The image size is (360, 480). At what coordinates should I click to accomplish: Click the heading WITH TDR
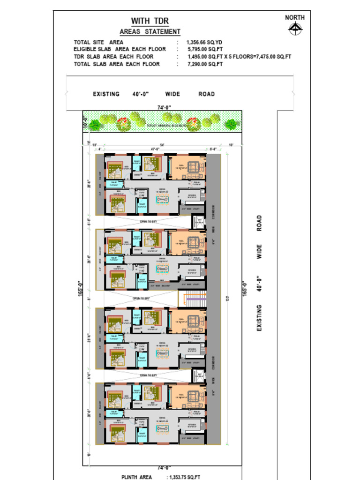pos(150,21)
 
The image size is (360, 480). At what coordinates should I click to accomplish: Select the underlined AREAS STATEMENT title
pos(150,32)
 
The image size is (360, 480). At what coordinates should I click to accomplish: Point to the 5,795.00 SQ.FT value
pos(205,49)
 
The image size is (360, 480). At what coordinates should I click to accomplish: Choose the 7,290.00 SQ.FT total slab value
pos(205,64)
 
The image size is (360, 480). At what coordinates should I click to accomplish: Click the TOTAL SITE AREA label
pos(98,42)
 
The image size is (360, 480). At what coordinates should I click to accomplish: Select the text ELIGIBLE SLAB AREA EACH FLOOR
pos(120,49)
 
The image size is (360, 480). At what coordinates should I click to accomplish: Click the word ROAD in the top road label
pos(206,94)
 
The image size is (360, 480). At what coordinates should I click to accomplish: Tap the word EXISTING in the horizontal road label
pos(106,94)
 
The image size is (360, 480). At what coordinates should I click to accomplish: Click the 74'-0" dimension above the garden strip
pos(164,108)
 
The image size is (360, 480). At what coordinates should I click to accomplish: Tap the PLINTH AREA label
pos(136,477)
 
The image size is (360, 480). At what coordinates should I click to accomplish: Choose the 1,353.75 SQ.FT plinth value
pos(184,477)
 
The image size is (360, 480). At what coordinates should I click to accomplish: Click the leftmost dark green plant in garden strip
pos(95,125)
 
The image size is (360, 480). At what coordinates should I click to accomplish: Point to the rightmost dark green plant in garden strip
pos(231,124)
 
